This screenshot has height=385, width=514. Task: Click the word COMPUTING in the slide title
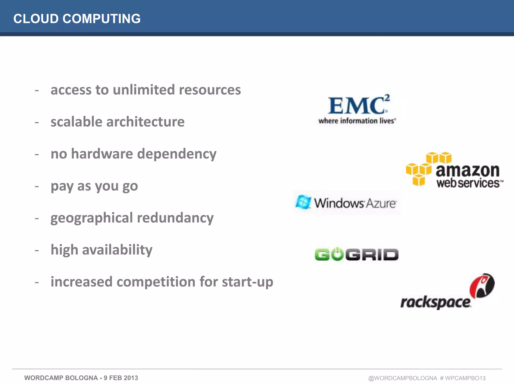click(x=101, y=19)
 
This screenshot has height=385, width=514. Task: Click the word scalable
click(x=76, y=122)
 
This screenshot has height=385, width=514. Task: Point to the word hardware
click(x=102, y=154)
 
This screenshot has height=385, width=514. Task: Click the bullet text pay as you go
click(x=94, y=186)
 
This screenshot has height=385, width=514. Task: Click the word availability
click(x=117, y=250)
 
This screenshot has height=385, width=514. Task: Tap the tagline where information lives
click(x=357, y=121)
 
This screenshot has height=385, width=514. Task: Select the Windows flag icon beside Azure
click(x=303, y=202)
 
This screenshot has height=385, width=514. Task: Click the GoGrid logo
click(x=356, y=255)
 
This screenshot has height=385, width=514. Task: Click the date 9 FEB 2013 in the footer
click(x=121, y=378)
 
